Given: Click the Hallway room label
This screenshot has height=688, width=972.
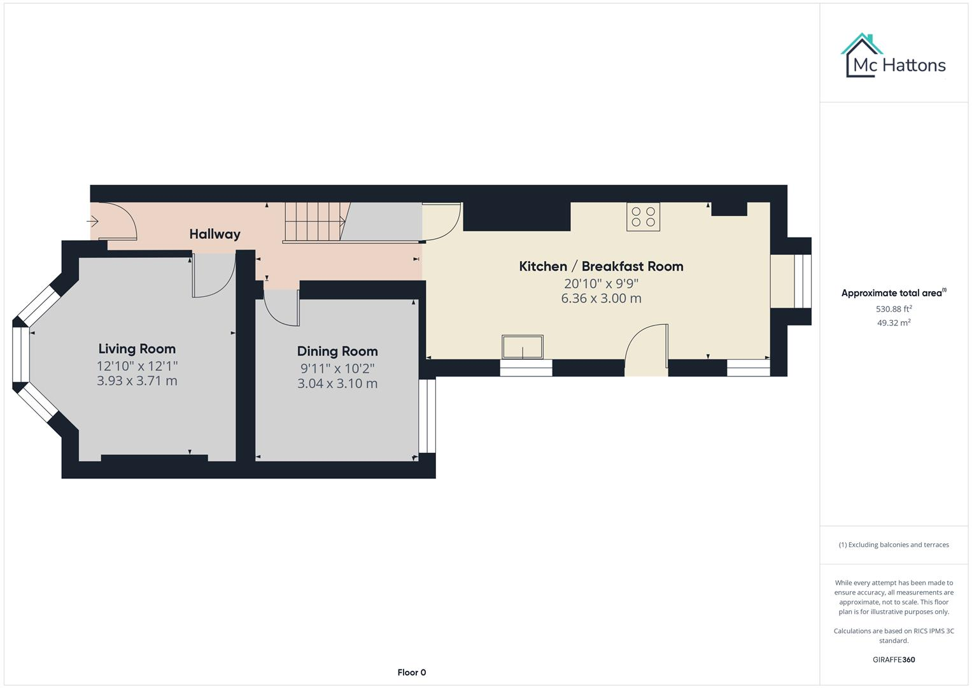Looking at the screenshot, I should click(x=215, y=234).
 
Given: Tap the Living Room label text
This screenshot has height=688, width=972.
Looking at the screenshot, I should click(x=137, y=348).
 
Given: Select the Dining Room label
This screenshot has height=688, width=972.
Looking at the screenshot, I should click(x=337, y=351).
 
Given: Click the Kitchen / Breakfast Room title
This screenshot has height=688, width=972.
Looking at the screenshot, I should click(x=601, y=266).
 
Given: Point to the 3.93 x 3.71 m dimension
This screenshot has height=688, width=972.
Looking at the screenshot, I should click(x=137, y=381).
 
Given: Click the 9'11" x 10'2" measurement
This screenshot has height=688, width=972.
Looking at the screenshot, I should click(x=337, y=368).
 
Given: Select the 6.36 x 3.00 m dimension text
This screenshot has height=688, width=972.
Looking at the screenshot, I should click(x=601, y=298).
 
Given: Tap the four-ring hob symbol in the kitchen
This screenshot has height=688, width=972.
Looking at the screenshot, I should click(x=643, y=217).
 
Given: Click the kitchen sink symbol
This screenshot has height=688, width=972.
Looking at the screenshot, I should click(x=523, y=347).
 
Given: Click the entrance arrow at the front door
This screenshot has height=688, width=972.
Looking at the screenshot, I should click(x=93, y=222).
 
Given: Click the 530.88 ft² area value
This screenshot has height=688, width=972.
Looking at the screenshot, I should click(x=894, y=309).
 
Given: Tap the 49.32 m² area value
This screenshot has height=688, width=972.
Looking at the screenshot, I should click(x=894, y=323).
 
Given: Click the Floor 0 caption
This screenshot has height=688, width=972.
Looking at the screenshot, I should click(x=411, y=673).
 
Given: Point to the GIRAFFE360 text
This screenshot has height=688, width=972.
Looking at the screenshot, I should click(x=894, y=660).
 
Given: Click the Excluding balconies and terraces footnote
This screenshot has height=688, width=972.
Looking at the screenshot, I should click(x=894, y=545).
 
